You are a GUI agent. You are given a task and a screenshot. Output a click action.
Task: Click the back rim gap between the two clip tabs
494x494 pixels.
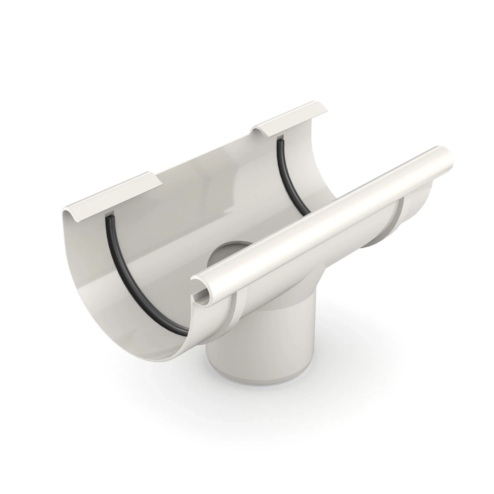point(207,161)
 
